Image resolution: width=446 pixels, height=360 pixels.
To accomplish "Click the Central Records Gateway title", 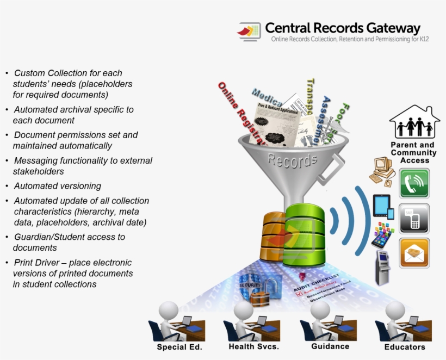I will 343,28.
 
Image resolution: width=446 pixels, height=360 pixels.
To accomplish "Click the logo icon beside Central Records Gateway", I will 249,32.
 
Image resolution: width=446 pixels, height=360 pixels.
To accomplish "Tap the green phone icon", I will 414,183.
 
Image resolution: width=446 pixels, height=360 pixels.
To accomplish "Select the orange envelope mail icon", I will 414,253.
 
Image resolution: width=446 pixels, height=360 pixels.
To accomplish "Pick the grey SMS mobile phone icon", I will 414,219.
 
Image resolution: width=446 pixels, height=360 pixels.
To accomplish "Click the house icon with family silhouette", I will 414,122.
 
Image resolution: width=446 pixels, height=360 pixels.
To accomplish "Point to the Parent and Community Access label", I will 413,153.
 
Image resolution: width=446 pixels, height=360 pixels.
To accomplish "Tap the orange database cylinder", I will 275,237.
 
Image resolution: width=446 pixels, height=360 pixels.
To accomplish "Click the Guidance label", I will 330,346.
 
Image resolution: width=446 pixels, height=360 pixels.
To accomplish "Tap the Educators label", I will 404,347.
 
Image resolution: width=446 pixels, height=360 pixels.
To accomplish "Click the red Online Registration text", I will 241,114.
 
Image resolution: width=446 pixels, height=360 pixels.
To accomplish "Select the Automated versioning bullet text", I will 58,186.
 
